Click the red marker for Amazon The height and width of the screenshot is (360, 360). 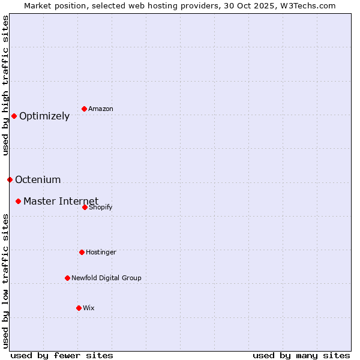pyautogui.click(x=85, y=109)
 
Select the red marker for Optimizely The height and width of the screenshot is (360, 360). pyautogui.click(x=14, y=116)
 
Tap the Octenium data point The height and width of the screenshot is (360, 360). pyautogui.click(x=10, y=179)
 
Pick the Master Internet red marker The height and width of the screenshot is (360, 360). pyautogui.click(x=19, y=201)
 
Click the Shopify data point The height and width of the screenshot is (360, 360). pyautogui.click(x=85, y=207)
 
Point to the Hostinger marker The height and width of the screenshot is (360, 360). pyautogui.click(x=82, y=252)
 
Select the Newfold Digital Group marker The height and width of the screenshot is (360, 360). pyautogui.click(x=67, y=278)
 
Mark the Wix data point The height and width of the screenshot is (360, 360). pyautogui.click(x=79, y=308)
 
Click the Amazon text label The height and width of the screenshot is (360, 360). pyautogui.click(x=101, y=109)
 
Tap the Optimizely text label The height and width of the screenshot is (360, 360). pyautogui.click(x=44, y=116)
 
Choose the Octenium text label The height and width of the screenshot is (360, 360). pyautogui.click(x=38, y=179)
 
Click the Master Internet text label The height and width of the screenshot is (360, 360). pyautogui.click(x=61, y=201)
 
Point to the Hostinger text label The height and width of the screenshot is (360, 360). pyautogui.click(x=101, y=252)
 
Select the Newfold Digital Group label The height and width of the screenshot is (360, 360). pyautogui.click(x=106, y=278)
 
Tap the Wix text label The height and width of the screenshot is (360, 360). pyautogui.click(x=89, y=308)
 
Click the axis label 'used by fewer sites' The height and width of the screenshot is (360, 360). pyautogui.click(x=62, y=355)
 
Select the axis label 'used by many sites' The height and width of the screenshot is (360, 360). pyautogui.click(x=301, y=355)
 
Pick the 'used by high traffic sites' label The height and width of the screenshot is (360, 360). pyautogui.click(x=5, y=85)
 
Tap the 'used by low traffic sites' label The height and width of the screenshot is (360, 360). pyautogui.click(x=5, y=281)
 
